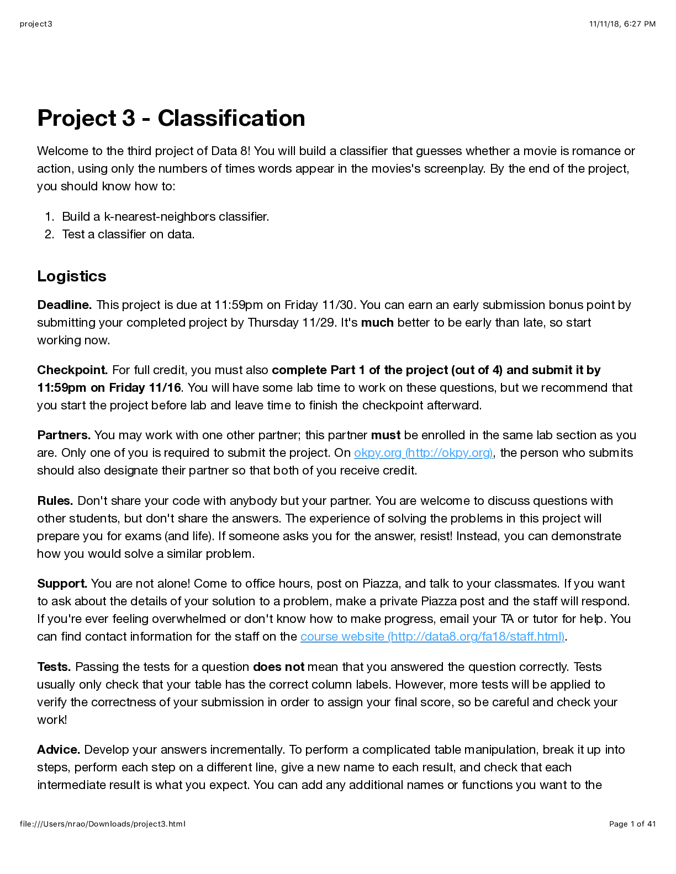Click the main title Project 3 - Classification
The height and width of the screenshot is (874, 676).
point(171,118)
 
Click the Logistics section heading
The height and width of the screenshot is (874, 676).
point(71,276)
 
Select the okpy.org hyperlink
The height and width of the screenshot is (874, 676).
point(423,453)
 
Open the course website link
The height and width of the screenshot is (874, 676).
point(432,637)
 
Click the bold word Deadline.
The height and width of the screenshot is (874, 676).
point(65,305)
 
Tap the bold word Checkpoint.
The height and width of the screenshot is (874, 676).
point(72,370)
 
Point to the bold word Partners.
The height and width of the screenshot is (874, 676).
point(64,435)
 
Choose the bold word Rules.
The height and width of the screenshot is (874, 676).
point(55,501)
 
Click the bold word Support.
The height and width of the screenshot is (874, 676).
point(62,584)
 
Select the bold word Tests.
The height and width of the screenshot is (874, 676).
point(55,667)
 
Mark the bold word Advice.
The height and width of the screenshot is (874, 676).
point(59,750)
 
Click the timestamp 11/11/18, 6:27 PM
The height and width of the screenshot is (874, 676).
point(622,24)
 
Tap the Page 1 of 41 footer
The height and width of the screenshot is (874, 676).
point(632,824)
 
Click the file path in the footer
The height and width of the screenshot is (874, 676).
point(102,824)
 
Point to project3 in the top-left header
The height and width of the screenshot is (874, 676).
point(36,24)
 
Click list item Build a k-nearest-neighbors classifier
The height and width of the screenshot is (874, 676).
point(165,217)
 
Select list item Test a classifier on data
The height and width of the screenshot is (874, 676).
point(128,235)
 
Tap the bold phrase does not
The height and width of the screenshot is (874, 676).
point(278,667)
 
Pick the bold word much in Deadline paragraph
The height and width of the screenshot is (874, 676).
point(377,323)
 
